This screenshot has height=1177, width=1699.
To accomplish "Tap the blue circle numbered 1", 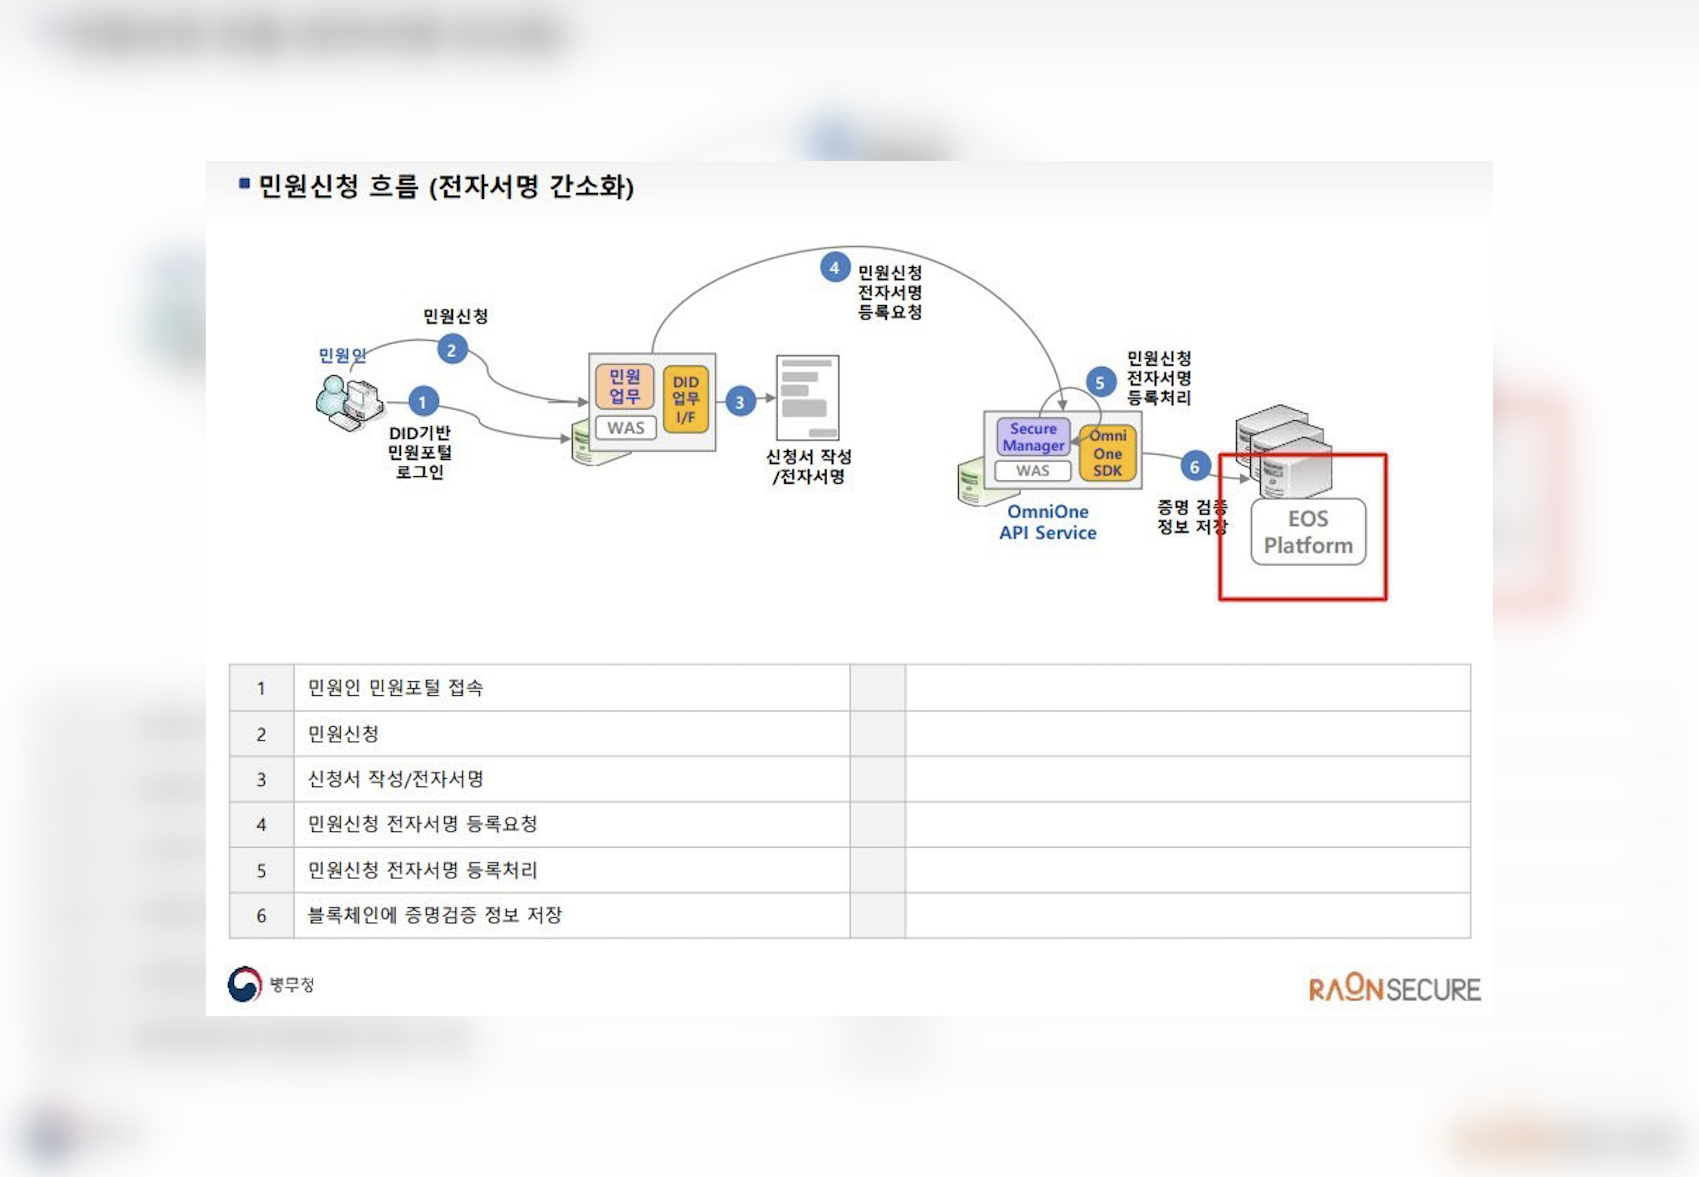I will point(423,402).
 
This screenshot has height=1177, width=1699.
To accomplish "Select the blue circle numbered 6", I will point(1194,466).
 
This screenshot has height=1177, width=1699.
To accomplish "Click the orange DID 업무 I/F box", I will point(685,399).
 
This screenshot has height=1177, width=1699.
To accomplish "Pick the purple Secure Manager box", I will point(1032,436).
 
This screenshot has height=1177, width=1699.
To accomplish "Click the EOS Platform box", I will point(1307,532).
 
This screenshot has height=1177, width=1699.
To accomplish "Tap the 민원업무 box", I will point(624,387).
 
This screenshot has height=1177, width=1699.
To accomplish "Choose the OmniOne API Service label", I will point(1047,522).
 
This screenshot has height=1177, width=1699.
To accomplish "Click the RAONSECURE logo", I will point(1394,989).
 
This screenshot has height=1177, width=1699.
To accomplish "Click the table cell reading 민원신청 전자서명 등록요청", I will point(423,824).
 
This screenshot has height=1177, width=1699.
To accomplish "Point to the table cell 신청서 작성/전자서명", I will point(395,779).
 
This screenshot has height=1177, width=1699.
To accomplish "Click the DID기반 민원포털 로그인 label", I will point(420,452).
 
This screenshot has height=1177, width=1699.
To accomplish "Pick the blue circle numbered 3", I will point(740,402).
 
